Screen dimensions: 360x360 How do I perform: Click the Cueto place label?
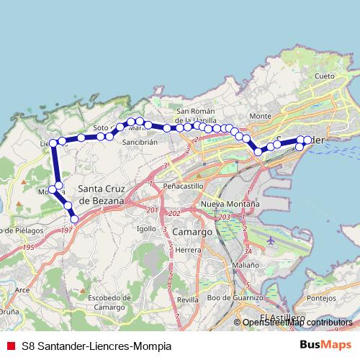pos(324,76)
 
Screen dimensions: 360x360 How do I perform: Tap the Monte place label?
pos(259,116)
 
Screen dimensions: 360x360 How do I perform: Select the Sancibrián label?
pos(140,143)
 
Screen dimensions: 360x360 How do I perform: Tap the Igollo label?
pos(146,229)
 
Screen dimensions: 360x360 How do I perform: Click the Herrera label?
pos(188,250)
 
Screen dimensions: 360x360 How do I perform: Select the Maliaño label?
pos(246,265)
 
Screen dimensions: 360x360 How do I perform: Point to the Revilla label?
pos(187,299)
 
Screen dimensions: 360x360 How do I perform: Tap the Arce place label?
pos(22,289)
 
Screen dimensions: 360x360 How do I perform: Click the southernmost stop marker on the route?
pos(74,219)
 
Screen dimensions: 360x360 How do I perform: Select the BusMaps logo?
pos(326,344)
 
